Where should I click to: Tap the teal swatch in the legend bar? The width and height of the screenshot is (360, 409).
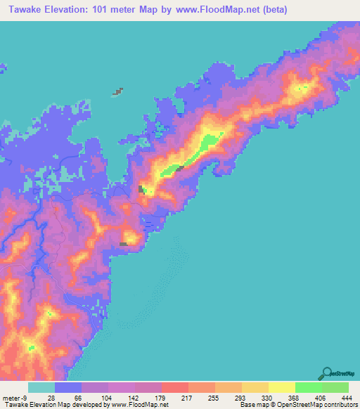(41, 387)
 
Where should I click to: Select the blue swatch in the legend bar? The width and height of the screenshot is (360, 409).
(67, 387)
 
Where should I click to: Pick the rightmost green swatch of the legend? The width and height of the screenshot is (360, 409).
(335, 387)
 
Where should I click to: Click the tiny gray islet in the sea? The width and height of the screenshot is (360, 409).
(118, 91)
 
